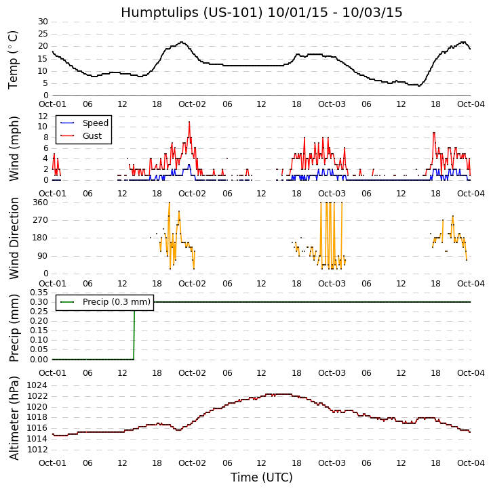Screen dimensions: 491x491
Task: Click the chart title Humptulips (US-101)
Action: click(x=261, y=12)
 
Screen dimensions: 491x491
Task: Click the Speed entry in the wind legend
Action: click(x=95, y=123)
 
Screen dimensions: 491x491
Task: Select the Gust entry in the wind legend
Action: click(x=92, y=136)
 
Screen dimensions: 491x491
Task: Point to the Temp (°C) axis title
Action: click(x=14, y=59)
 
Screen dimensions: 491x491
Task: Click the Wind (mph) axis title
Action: click(x=14, y=148)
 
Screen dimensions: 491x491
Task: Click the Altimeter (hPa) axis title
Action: click(x=14, y=417)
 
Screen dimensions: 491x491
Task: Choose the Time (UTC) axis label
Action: click(x=261, y=477)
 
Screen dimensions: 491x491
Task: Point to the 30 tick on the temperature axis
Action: click(x=42, y=22)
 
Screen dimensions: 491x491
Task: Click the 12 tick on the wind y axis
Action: click(x=42, y=116)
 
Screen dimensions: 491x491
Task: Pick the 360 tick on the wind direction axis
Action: click(x=39, y=202)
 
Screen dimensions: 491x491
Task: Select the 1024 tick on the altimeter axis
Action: click(x=37, y=385)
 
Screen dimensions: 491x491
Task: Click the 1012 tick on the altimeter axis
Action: click(x=37, y=449)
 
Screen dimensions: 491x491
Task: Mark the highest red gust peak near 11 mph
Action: click(x=189, y=122)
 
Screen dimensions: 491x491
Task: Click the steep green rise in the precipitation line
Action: click(x=134, y=332)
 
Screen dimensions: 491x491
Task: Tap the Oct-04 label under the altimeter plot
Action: click(x=471, y=463)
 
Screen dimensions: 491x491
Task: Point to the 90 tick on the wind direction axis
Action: click(x=42, y=256)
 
